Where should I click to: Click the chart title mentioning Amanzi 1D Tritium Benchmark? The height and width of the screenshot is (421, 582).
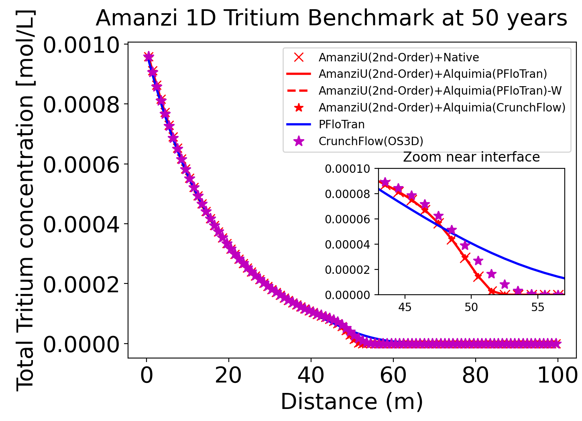[331, 18]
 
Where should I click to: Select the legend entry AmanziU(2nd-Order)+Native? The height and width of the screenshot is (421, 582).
[399, 57]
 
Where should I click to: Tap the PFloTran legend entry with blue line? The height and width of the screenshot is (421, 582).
[342, 124]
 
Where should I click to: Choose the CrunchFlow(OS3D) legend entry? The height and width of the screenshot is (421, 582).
[371, 141]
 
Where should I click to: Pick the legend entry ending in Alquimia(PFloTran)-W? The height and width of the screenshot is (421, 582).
[440, 91]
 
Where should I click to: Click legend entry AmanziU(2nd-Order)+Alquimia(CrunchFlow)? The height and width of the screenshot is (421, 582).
[442, 107]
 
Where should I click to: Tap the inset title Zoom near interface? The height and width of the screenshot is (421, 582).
[471, 157]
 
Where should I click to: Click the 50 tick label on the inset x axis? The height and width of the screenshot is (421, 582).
[471, 307]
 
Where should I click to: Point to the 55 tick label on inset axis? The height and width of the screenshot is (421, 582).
[537, 307]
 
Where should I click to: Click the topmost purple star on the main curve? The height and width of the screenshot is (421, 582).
[149, 57]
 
